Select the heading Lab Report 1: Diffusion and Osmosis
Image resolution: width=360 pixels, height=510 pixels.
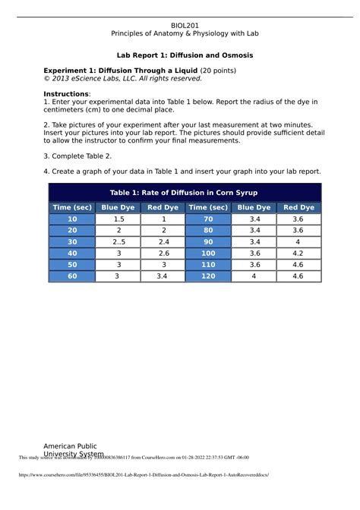click(185, 56)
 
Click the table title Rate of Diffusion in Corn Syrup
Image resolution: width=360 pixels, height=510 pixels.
click(185, 191)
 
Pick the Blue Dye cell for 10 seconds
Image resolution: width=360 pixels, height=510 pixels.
click(118, 219)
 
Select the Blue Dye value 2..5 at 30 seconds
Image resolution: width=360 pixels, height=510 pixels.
click(118, 241)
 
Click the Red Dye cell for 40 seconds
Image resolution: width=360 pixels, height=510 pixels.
click(163, 253)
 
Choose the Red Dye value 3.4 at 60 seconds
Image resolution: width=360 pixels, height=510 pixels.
click(163, 276)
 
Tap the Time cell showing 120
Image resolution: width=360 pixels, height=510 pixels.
click(208, 276)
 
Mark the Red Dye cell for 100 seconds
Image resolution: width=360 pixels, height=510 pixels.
click(298, 253)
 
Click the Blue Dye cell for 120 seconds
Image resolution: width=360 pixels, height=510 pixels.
click(253, 276)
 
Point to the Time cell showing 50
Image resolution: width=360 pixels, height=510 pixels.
click(73, 264)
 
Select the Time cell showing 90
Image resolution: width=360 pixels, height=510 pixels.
click(208, 241)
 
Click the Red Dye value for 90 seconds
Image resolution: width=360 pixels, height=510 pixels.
click(298, 241)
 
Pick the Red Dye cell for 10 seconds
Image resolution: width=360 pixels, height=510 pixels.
click(163, 219)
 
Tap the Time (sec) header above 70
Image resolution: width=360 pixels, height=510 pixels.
click(208, 207)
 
